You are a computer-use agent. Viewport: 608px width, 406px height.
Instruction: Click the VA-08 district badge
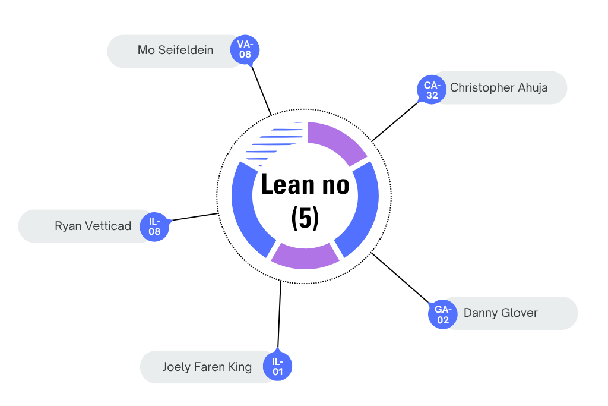[245, 49]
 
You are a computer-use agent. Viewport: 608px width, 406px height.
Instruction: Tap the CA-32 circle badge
[432, 90]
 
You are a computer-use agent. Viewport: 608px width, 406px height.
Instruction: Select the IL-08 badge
[154, 226]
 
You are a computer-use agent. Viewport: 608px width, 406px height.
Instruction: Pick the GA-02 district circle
[443, 314]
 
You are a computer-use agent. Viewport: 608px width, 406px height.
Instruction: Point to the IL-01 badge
[277, 367]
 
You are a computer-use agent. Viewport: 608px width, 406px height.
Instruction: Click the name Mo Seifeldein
[175, 51]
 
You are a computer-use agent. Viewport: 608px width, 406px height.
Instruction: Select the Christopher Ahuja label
[499, 88]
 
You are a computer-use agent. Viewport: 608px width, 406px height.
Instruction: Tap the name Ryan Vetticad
[93, 226]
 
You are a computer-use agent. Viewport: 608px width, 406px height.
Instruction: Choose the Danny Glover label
[501, 313]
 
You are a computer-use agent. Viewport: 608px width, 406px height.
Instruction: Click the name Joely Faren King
[207, 367]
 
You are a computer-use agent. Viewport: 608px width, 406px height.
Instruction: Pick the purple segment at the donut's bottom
[305, 256]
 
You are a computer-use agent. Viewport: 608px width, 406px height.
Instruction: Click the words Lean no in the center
[305, 184]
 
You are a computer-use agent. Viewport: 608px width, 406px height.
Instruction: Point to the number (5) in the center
[305, 218]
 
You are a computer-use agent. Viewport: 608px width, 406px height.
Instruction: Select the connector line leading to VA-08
[261, 89]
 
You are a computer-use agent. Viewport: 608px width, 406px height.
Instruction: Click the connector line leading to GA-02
[401, 278]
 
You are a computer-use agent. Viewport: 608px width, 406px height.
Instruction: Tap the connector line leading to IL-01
[279, 315]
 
